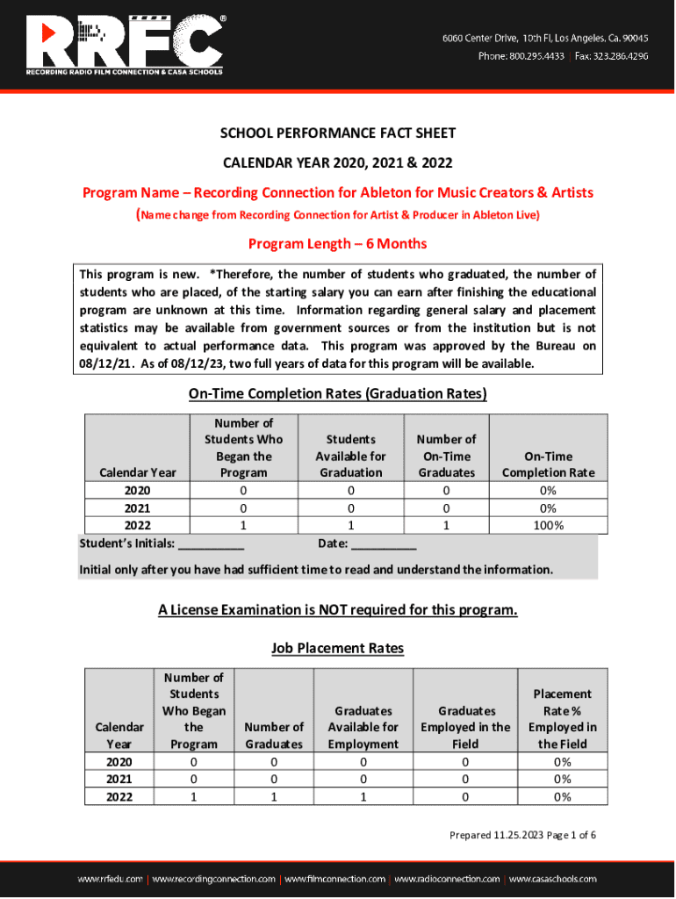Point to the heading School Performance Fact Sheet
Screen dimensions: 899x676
338,133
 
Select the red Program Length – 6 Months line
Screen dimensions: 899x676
338,243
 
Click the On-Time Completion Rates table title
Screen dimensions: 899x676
338,394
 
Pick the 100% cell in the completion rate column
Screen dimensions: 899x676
548,526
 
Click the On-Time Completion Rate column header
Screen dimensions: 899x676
548,464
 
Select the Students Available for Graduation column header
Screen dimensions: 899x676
351,456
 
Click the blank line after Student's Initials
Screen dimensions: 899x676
211,545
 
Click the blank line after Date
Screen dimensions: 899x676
384,545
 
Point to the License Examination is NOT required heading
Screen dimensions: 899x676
338,610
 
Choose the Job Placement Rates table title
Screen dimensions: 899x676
338,649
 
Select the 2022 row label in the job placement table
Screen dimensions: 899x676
120,797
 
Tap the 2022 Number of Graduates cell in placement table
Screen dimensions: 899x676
274,797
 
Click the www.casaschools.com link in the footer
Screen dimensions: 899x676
553,879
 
